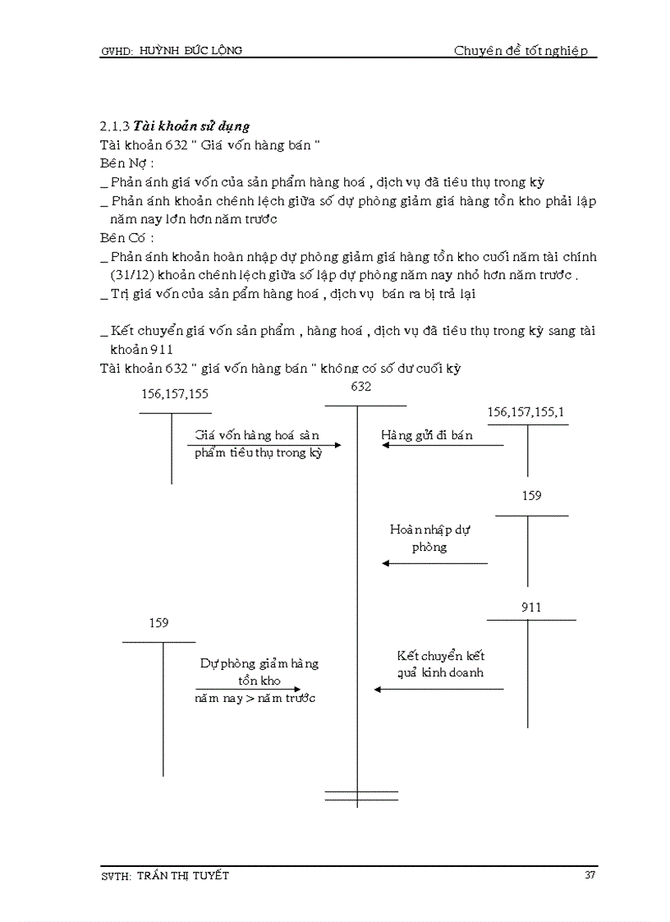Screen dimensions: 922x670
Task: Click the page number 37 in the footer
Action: (590, 875)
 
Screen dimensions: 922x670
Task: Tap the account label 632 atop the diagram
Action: (361, 387)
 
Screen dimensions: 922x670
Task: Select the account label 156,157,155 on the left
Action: (175, 394)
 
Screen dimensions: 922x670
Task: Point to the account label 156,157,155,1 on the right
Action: (525, 412)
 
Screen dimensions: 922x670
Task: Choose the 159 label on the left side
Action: (158, 623)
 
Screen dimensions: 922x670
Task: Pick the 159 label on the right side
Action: (531, 496)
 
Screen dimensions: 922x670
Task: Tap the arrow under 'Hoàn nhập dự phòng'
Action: (434, 563)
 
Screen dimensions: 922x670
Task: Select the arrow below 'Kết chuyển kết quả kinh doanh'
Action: (438, 689)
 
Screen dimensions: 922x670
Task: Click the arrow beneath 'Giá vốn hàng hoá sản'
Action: (264, 445)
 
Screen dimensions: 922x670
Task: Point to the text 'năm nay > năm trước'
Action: (255, 698)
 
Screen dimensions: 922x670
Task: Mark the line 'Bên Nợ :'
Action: (126, 163)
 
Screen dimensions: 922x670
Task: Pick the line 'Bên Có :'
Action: (126, 238)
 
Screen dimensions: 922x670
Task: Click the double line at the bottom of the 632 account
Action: (361, 796)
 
